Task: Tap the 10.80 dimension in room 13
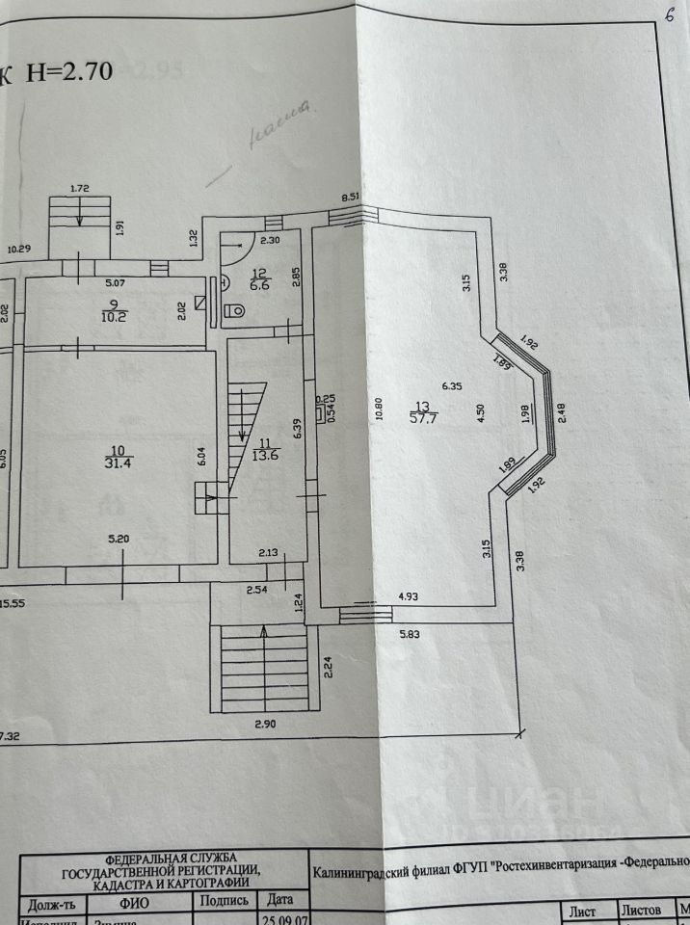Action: coord(380,410)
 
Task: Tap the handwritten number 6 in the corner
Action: coord(668,17)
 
